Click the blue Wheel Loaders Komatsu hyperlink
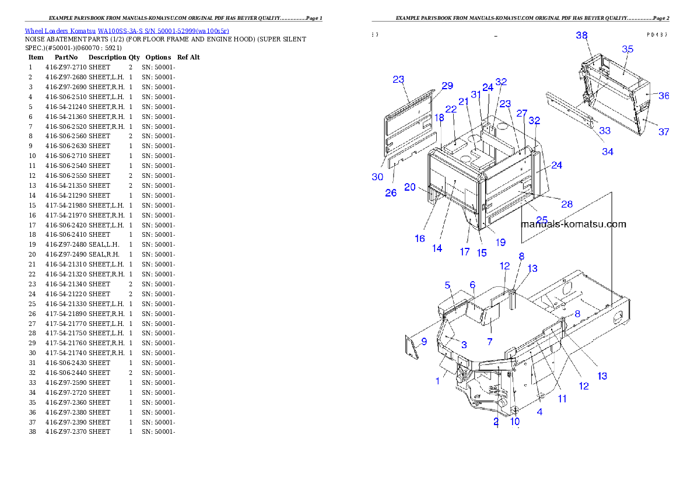pyautogui.click(x=127, y=31)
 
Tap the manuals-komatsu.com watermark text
pyautogui.click(x=573, y=224)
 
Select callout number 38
pyautogui.click(x=581, y=36)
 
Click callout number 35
pyautogui.click(x=627, y=50)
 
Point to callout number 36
pyautogui.click(x=664, y=96)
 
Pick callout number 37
pyautogui.click(x=664, y=132)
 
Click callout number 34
pyautogui.click(x=608, y=152)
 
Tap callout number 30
pyautogui.click(x=378, y=177)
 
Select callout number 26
pyautogui.click(x=391, y=192)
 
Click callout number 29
pyautogui.click(x=447, y=86)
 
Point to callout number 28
pyautogui.click(x=567, y=204)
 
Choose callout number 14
pyautogui.click(x=437, y=248)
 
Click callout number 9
pyautogui.click(x=424, y=342)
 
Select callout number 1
pyautogui.click(x=437, y=381)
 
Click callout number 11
pyautogui.click(x=562, y=399)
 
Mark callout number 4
pyautogui.click(x=539, y=412)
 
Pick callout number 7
pyautogui.click(x=490, y=342)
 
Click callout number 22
pyautogui.click(x=451, y=109)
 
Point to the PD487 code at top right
pyautogui.click(x=657, y=35)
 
